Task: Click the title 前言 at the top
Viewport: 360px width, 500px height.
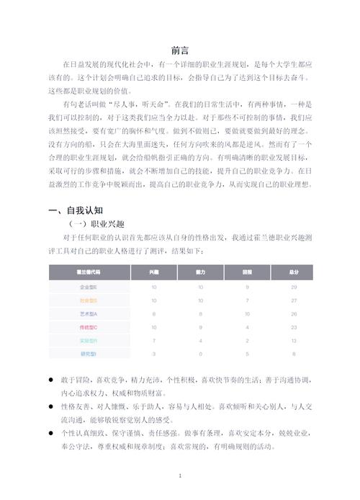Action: tap(180, 50)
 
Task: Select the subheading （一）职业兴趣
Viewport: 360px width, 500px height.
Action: tap(90, 223)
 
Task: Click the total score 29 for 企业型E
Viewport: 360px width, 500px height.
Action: tap(294, 287)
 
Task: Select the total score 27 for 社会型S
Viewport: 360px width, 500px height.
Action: tap(294, 300)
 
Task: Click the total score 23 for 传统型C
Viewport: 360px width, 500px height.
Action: tap(294, 327)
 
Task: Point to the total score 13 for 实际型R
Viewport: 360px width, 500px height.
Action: tap(294, 340)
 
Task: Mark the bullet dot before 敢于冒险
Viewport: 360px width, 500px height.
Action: tap(50, 379)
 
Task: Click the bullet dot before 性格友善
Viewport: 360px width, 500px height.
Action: tap(50, 406)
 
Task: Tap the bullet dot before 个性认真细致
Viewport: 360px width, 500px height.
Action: tap(50, 434)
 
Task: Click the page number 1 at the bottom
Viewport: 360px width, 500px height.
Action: tap(180, 476)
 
